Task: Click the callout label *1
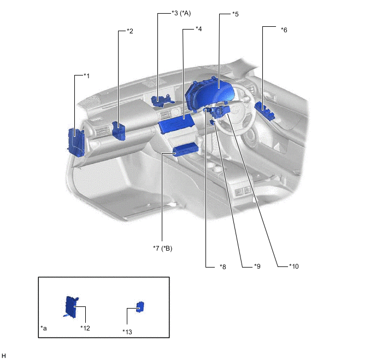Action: (x=86, y=76)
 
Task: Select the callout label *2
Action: (x=130, y=31)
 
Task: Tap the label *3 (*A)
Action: (x=181, y=13)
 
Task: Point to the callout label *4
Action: (x=199, y=29)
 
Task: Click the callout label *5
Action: (x=236, y=14)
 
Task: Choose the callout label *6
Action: (x=284, y=30)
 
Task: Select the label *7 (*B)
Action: (x=163, y=248)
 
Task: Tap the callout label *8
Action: (x=223, y=267)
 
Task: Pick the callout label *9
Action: (x=257, y=266)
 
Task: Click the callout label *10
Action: (x=294, y=266)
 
